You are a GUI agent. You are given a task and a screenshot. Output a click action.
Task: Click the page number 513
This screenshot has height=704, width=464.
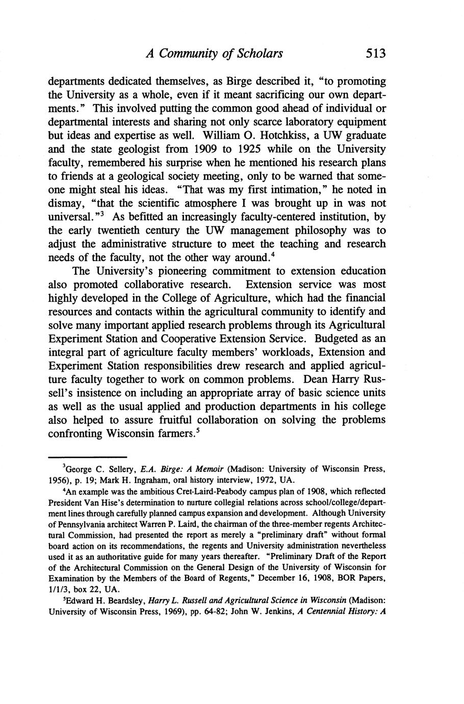pyautogui.click(x=373, y=53)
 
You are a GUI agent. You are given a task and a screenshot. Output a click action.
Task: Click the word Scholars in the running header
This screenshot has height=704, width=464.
pyautogui.click(x=259, y=54)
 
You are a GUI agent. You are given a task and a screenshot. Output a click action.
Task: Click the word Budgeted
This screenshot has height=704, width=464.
pyautogui.click(x=339, y=339)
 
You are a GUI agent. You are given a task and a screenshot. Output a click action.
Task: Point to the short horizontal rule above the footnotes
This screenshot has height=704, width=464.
pyautogui.click(x=87, y=457)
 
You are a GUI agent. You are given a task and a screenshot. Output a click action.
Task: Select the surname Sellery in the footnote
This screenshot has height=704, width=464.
pyautogui.click(x=122, y=469)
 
